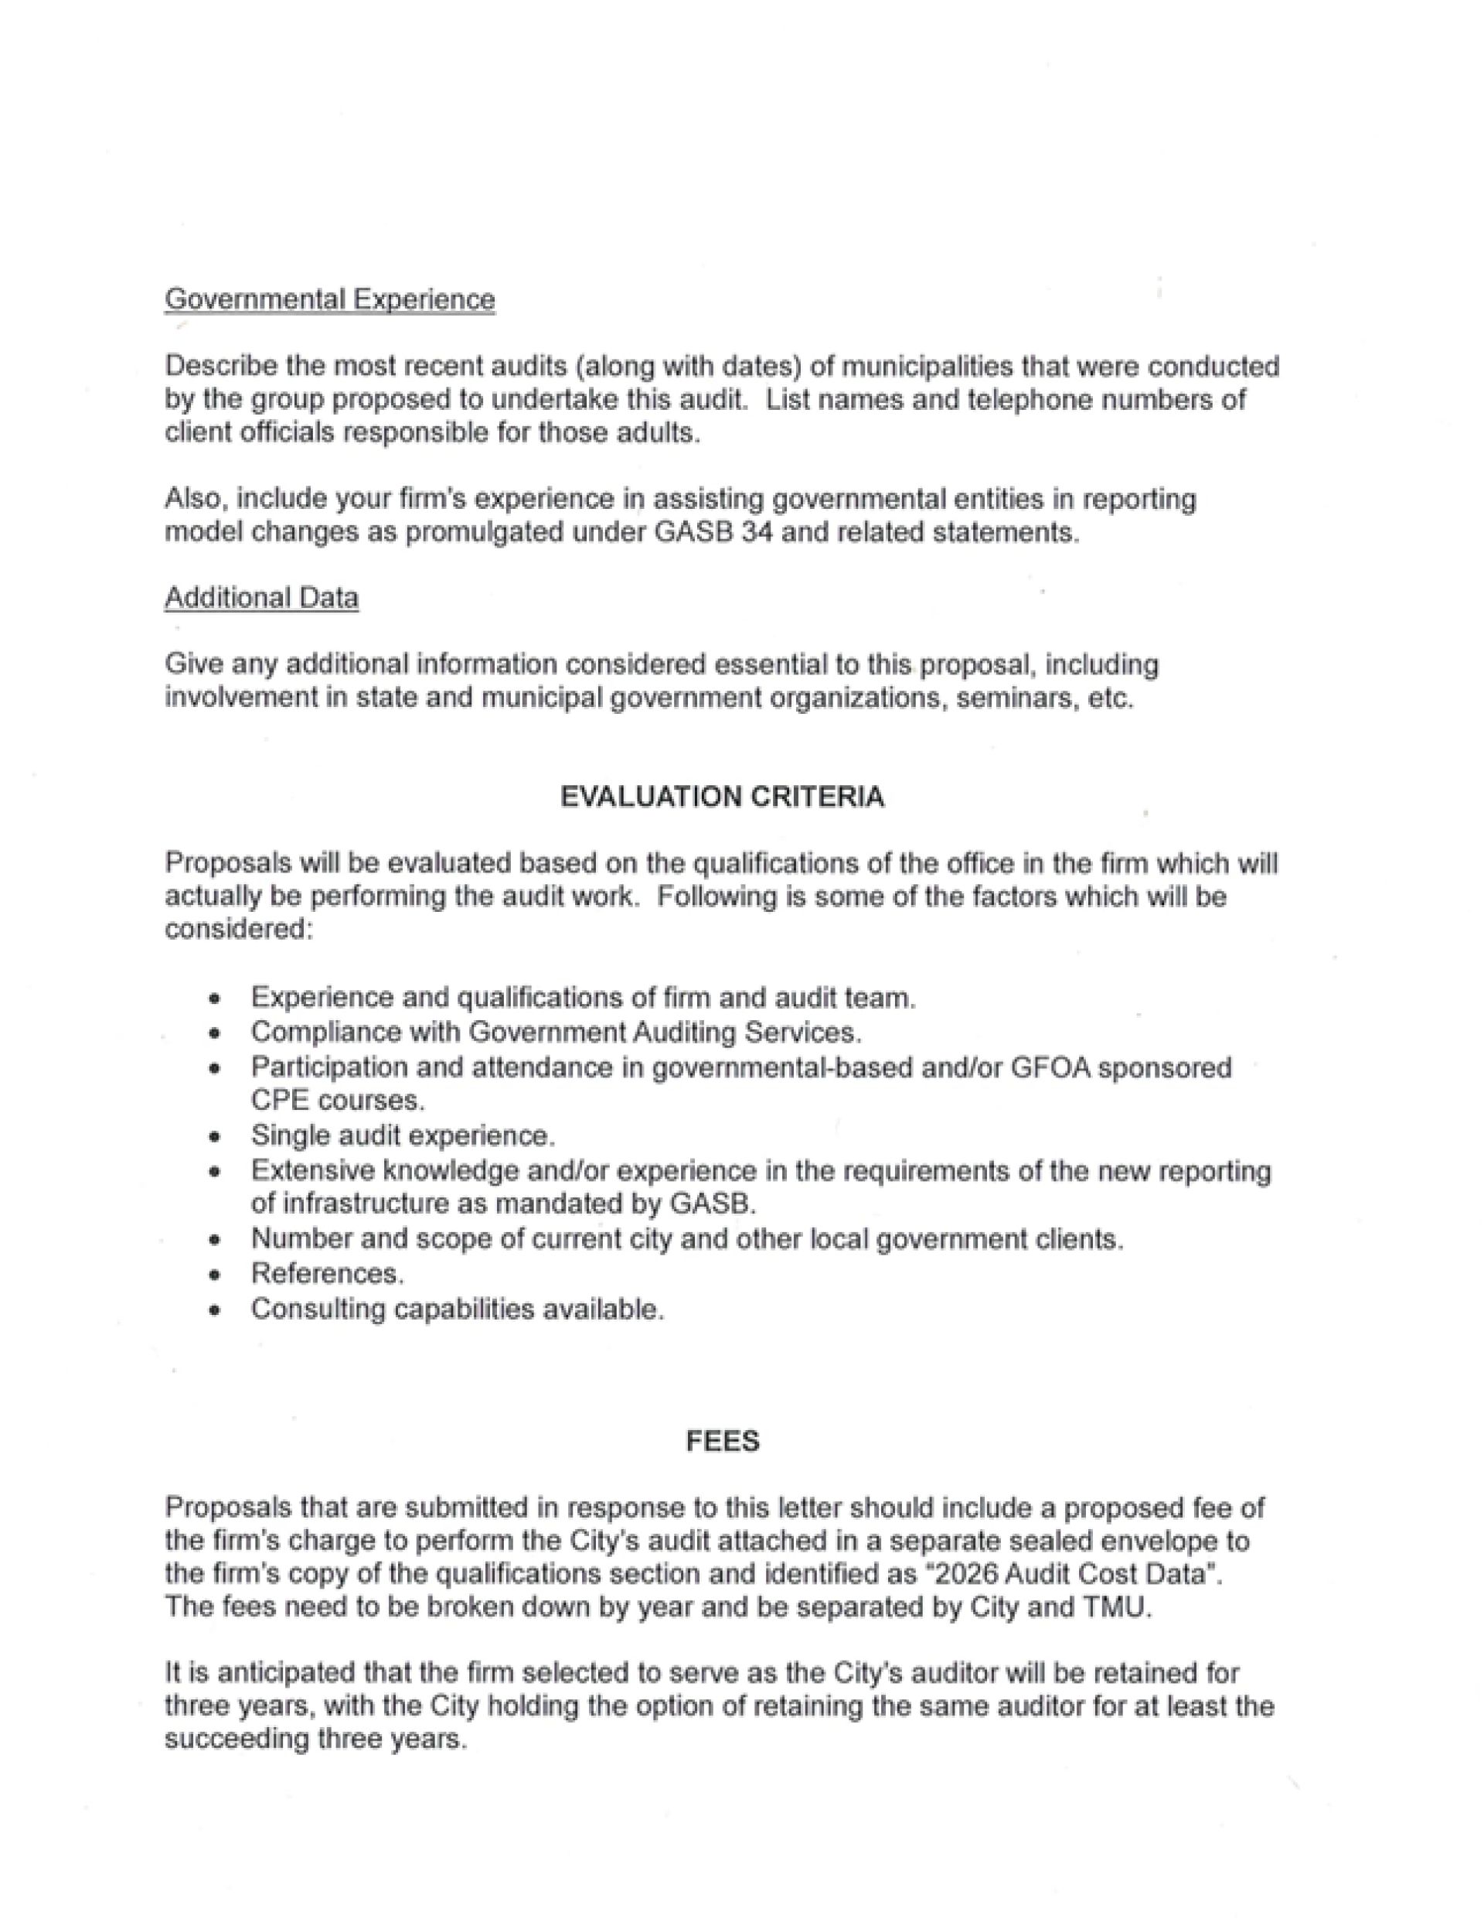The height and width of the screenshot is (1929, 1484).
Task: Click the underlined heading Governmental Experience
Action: click(x=329, y=299)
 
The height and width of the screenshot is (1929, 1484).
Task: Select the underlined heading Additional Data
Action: click(x=261, y=598)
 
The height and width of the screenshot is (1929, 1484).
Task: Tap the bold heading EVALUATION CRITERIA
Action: click(x=721, y=797)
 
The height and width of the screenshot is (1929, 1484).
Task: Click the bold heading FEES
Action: click(x=722, y=1442)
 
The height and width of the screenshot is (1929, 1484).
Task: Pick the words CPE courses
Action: click(x=338, y=1101)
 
